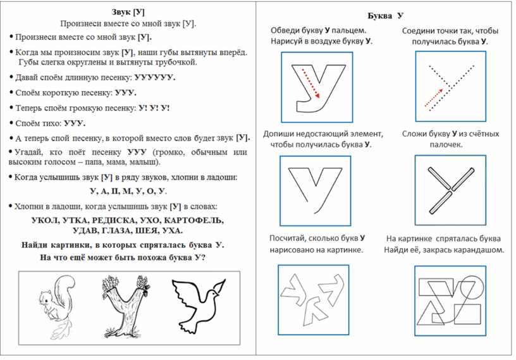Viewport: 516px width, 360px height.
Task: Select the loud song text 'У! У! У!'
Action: coord(153,108)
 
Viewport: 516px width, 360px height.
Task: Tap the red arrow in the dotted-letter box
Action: coord(434,96)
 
